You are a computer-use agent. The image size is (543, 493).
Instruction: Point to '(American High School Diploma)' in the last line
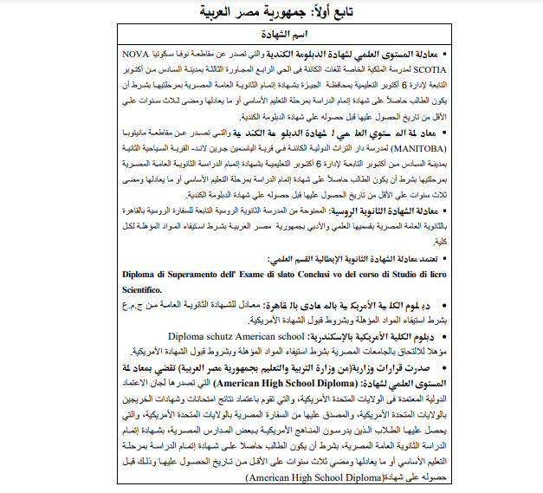coord(314,477)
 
